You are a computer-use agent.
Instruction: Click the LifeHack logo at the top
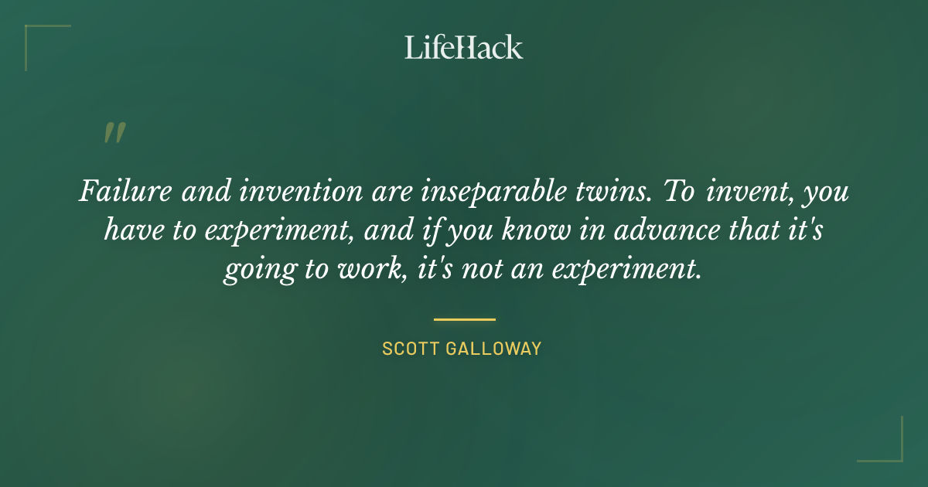click(464, 47)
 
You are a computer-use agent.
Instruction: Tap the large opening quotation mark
click(114, 133)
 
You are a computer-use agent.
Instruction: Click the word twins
click(607, 191)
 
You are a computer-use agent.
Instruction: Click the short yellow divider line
click(464, 318)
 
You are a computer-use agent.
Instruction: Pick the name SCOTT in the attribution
click(410, 349)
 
